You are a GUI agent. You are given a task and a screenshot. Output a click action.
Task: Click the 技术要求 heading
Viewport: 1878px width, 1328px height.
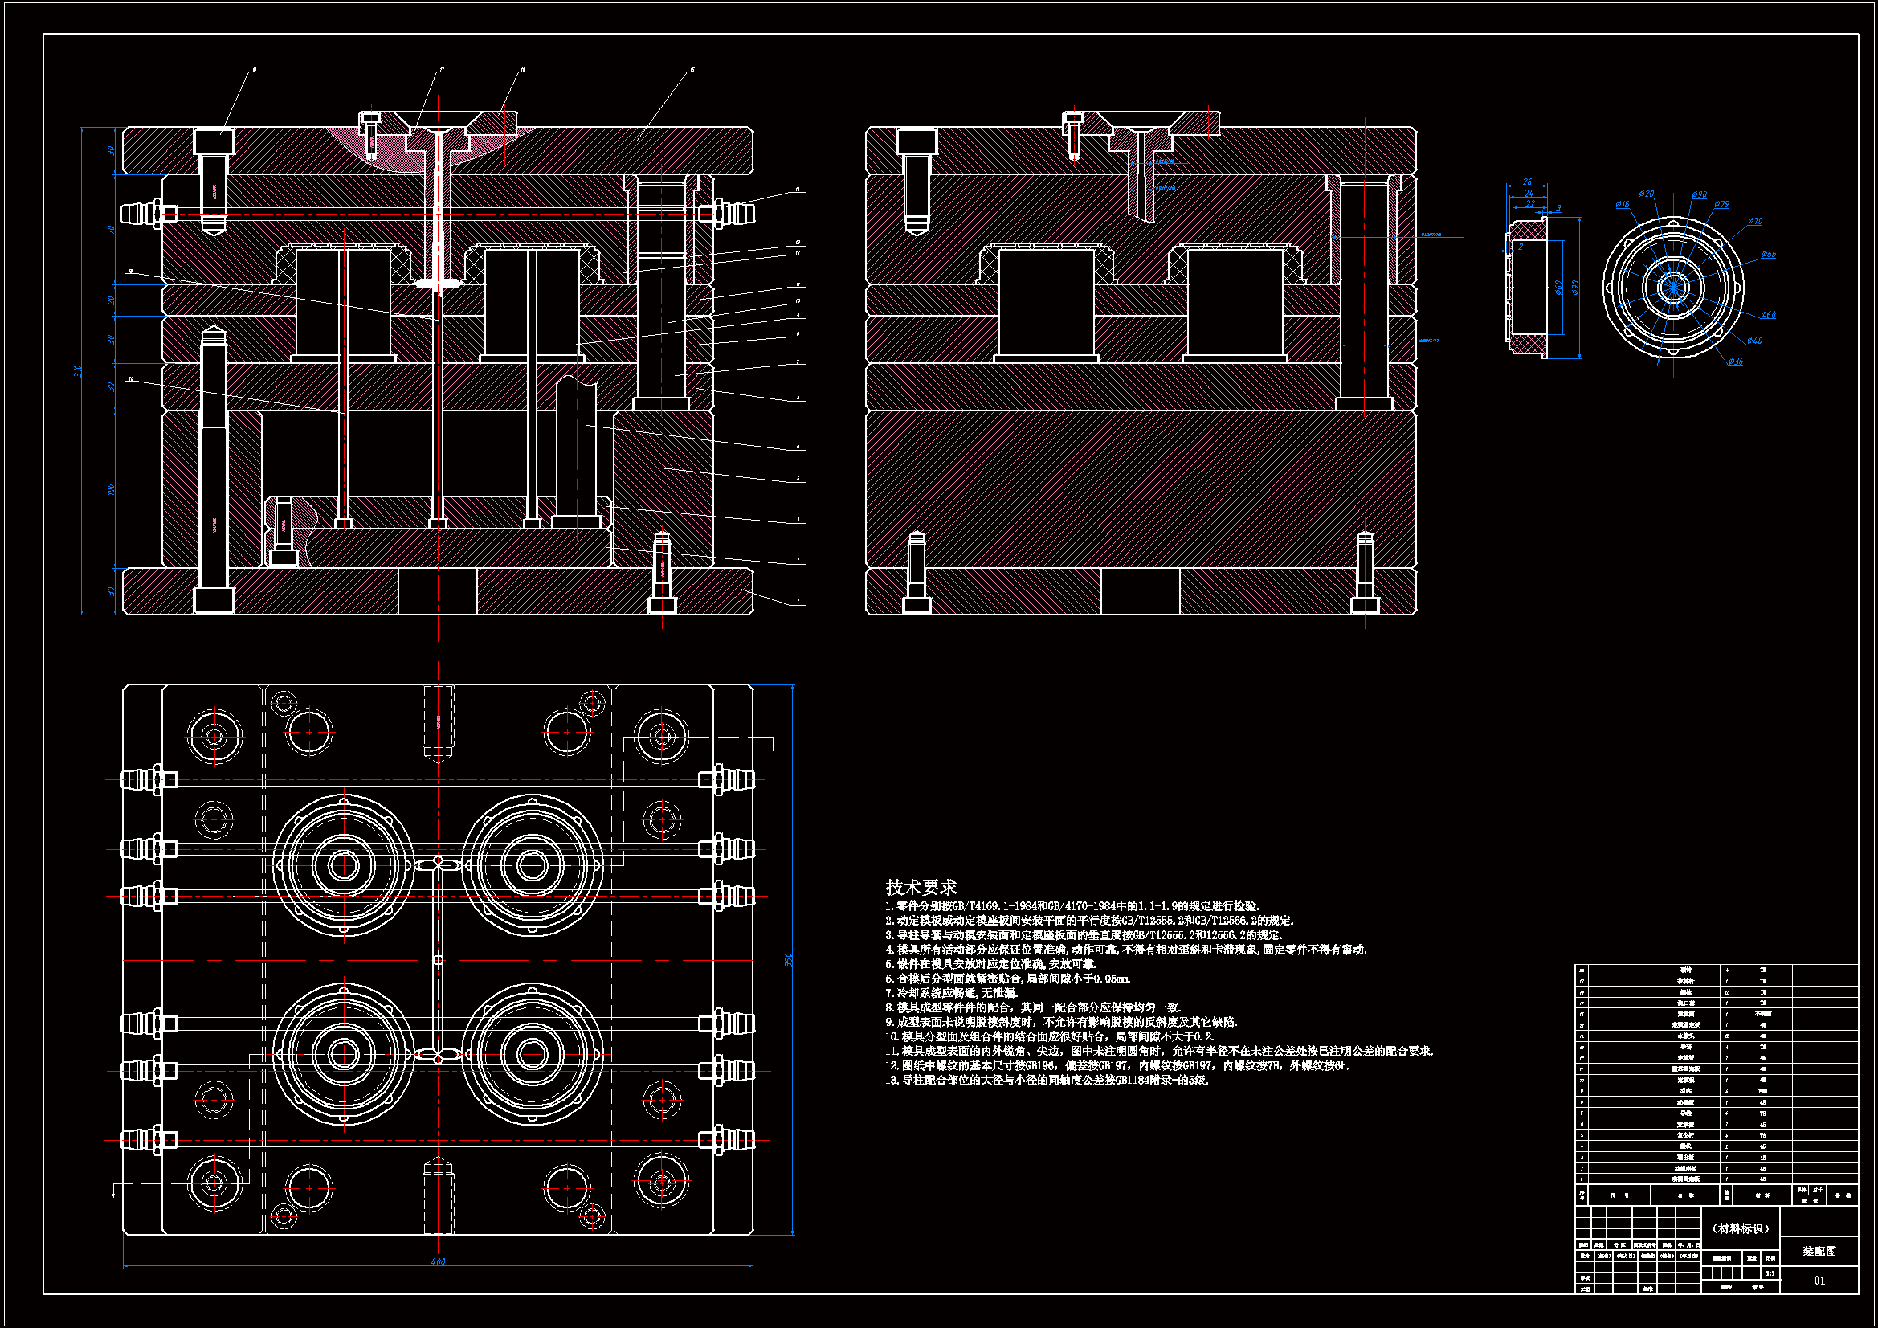921,887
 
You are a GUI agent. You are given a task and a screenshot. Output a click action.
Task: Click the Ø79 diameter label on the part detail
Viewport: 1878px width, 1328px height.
1721,205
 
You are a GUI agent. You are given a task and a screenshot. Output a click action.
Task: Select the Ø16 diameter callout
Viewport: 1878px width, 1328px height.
1622,205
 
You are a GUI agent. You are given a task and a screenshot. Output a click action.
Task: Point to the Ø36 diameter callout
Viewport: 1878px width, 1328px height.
1735,362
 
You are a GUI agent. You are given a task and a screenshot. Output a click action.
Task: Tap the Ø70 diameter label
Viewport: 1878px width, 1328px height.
1755,222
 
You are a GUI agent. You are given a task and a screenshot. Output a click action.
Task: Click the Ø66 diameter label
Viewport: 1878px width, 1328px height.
1769,255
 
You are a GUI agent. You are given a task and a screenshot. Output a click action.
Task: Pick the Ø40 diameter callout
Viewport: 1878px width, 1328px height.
1754,341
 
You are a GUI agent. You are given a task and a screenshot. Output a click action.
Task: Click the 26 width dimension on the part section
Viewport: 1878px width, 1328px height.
1527,182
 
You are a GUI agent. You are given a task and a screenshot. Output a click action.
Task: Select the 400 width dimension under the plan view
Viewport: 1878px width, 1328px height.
438,1262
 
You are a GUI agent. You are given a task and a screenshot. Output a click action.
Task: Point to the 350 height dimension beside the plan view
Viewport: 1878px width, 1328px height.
788,958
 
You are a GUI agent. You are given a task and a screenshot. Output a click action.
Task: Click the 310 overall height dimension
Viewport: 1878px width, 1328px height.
78,370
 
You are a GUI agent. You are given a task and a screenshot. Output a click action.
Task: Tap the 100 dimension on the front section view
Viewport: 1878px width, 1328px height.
111,489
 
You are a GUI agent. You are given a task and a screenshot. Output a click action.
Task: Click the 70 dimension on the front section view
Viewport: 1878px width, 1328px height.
111,230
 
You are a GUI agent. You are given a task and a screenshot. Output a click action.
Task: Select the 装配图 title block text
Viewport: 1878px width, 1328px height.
1819,1251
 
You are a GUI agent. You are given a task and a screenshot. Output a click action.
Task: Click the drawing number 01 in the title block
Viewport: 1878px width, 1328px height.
1819,1281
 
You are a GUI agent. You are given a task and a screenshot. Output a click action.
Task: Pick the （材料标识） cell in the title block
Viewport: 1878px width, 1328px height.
1740,1228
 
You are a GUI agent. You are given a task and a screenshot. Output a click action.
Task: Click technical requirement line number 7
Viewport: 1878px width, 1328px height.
951,992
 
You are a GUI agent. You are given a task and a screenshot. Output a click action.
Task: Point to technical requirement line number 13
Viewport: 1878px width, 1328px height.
1047,1080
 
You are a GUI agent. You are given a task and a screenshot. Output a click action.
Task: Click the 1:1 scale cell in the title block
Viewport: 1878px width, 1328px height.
1770,1273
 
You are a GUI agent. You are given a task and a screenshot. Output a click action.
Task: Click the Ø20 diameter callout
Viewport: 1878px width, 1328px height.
1647,194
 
